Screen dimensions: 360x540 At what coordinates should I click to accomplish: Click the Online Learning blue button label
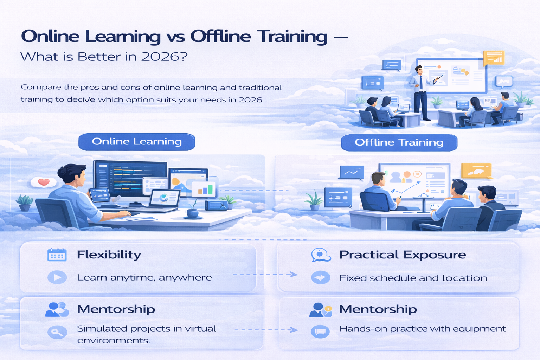137,142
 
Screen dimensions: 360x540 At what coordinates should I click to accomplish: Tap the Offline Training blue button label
399,142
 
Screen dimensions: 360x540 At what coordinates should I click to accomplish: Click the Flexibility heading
109,255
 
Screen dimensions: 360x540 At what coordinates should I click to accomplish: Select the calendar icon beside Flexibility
57,255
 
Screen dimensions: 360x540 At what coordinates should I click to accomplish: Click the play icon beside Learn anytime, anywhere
57,277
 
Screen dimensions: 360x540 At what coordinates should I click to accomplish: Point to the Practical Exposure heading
403,255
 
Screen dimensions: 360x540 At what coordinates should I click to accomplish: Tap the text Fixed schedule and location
413,278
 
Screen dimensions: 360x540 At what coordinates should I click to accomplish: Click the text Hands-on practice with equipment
422,329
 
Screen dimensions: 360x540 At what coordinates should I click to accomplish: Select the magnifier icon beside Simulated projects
57,332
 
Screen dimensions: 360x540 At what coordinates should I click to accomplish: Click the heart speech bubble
44,182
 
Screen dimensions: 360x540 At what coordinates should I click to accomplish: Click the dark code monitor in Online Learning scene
130,179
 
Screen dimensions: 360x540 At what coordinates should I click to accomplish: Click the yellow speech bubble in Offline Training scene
476,171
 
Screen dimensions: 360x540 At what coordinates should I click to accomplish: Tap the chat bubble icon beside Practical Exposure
321,255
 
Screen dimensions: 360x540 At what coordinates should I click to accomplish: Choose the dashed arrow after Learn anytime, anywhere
265,274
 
